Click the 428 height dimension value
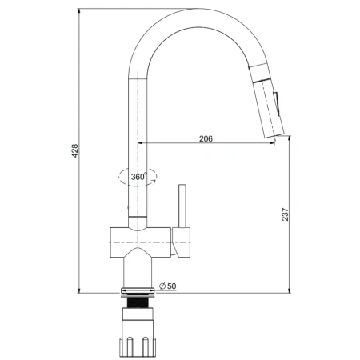75,150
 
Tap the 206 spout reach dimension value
206,138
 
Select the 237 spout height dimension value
285,214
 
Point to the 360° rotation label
138,177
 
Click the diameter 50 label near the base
168,286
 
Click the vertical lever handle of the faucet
182,206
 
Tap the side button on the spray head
276,104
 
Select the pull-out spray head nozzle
268,110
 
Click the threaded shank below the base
138,302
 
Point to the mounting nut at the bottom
138,333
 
